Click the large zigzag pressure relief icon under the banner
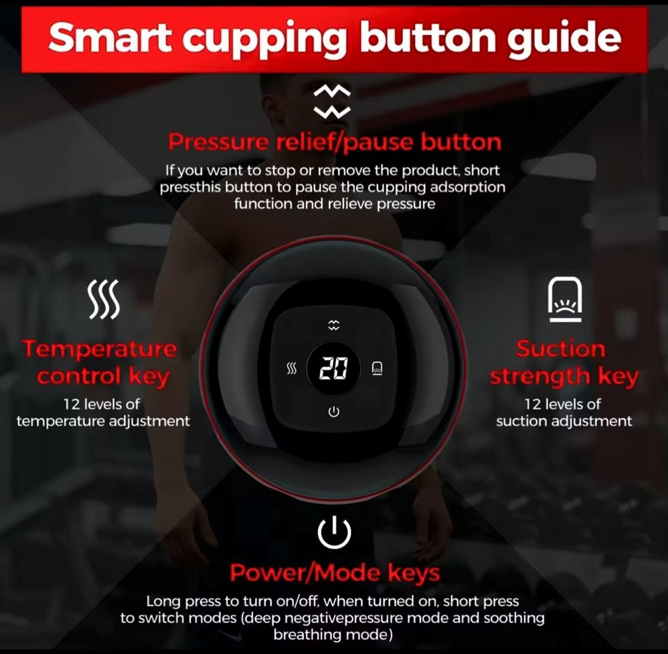point(332,101)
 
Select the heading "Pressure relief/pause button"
point(334,142)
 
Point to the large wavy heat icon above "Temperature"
point(103,299)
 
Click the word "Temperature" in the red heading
point(100,349)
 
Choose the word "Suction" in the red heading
point(560,348)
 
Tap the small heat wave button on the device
point(291,369)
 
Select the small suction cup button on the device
point(377,368)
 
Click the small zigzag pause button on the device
point(334,325)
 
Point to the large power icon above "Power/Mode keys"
point(334,532)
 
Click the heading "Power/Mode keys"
point(335,573)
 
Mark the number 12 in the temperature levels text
point(71,404)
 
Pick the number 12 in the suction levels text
point(532,404)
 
